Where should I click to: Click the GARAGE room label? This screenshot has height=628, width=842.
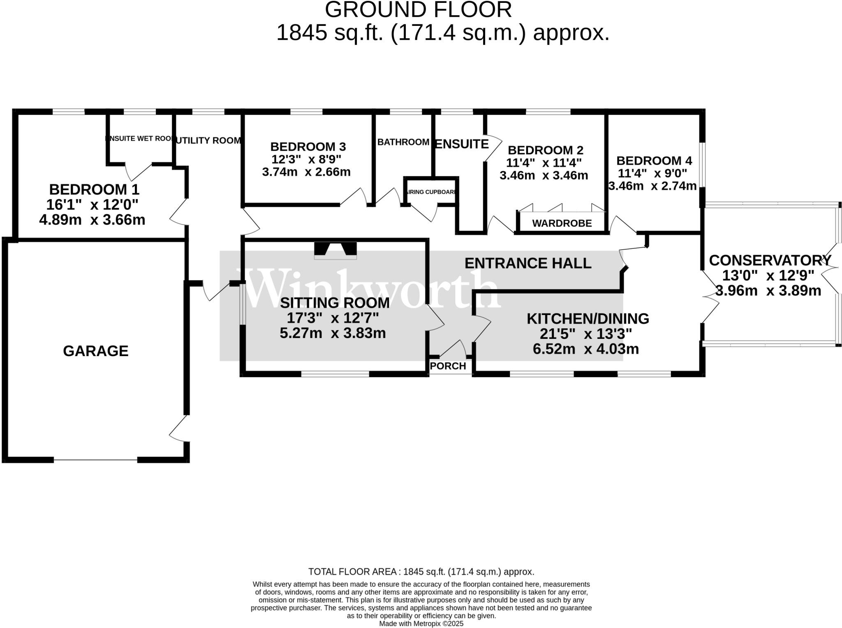[x=95, y=351]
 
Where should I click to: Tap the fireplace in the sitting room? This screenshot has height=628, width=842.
[x=335, y=250]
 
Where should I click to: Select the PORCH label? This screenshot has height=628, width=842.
[x=448, y=366]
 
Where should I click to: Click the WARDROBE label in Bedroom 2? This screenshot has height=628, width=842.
[x=562, y=223]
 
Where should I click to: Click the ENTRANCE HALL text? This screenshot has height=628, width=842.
[x=528, y=263]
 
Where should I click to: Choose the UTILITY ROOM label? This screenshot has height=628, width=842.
[x=208, y=141]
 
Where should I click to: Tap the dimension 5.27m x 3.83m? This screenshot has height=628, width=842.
[x=333, y=333]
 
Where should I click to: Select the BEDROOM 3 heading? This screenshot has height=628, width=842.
[x=308, y=146]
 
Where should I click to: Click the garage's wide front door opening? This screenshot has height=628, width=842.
[x=95, y=460]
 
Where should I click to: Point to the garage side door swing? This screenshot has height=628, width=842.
[x=180, y=429]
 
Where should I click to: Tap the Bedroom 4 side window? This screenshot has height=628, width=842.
[x=703, y=165]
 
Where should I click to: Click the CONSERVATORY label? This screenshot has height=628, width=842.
[x=770, y=260]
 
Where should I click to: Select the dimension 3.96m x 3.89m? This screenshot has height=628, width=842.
[x=768, y=291]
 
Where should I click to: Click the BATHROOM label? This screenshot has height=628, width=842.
[x=403, y=142]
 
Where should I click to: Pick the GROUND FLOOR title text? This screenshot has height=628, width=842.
[x=418, y=9]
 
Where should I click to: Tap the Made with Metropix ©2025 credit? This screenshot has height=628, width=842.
[x=421, y=623]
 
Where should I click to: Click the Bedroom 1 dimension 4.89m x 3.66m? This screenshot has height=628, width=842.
[x=92, y=220]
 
